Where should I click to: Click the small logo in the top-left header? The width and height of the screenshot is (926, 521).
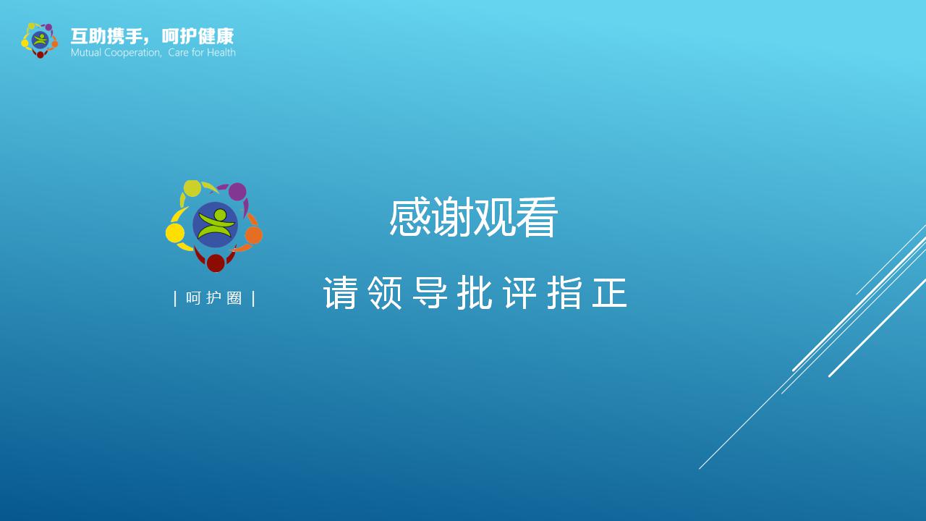point(39,41)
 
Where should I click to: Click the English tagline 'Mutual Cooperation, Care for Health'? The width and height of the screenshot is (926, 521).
point(153,53)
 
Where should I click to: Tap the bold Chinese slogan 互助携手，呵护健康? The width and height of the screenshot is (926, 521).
point(152,36)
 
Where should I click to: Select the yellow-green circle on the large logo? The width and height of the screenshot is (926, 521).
point(192,188)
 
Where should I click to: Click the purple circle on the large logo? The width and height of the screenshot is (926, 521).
point(237,192)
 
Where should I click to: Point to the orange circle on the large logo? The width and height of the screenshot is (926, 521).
point(253,235)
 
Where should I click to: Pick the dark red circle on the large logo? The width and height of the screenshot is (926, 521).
point(216,263)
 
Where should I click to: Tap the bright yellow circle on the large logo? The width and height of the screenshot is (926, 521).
point(175,233)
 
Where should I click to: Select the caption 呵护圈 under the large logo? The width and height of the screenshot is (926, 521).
point(214,298)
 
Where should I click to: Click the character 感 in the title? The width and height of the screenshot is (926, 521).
point(410,218)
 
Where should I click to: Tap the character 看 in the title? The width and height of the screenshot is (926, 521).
point(537,218)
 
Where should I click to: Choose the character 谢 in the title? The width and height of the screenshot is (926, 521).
point(452,218)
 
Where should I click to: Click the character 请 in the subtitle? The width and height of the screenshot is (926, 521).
point(340,293)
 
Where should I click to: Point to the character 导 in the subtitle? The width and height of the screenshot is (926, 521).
point(430,293)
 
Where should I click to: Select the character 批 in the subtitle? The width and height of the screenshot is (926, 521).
point(475,293)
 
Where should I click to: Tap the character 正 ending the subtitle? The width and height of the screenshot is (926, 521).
point(609,293)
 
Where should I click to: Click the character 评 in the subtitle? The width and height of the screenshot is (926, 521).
point(519,293)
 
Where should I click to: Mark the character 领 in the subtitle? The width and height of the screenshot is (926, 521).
point(385,293)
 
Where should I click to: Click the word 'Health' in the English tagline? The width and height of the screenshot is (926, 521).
point(220,53)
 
